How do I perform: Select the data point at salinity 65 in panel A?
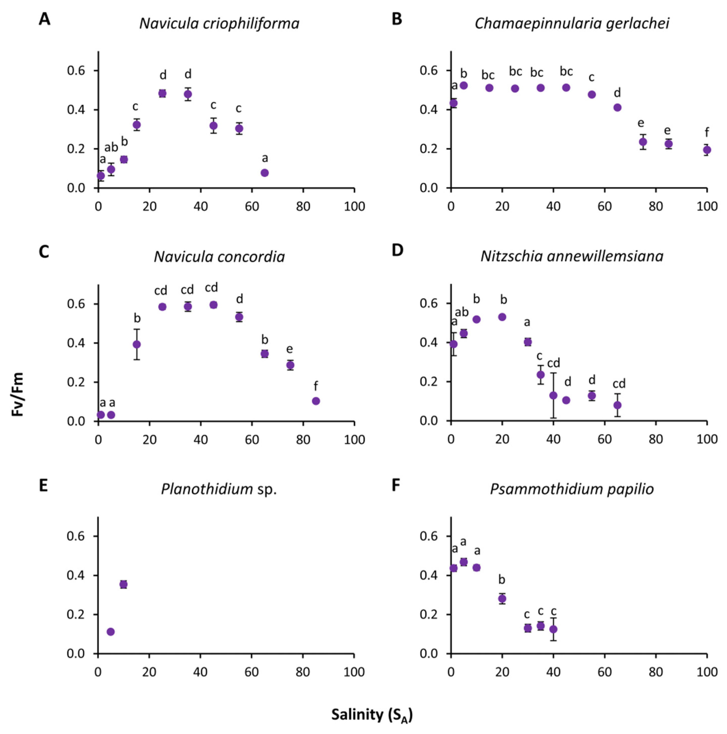[265, 173]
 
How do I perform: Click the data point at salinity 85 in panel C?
[316, 401]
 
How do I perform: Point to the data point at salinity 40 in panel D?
[553, 396]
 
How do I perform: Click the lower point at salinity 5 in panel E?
[111, 632]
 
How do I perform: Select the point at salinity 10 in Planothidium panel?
[123, 584]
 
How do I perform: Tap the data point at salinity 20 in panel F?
[502, 599]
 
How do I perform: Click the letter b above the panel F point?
[502, 580]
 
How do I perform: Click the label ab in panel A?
[111, 147]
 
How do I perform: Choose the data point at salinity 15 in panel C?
[137, 344]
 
